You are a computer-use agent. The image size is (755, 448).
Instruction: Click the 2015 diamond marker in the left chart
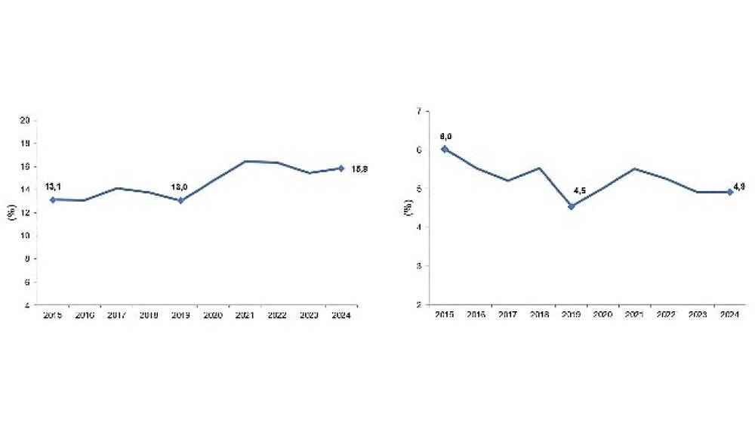pos(52,199)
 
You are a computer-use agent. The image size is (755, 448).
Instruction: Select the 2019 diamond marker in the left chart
pos(180,200)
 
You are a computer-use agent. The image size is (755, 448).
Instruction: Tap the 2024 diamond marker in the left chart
pos(341,168)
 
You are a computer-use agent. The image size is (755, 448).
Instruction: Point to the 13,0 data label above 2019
pos(181,185)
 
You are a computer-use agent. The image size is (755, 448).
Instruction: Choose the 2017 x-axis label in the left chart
pos(116,316)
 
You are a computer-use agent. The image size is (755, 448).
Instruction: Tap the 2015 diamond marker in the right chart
pos(445,149)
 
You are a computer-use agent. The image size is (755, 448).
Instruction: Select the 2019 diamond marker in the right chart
pos(572,205)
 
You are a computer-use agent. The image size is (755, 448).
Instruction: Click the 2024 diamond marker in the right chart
pos(730,192)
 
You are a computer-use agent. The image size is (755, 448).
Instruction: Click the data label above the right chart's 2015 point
pos(445,135)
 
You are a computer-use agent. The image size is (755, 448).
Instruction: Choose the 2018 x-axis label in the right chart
pos(540,315)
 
